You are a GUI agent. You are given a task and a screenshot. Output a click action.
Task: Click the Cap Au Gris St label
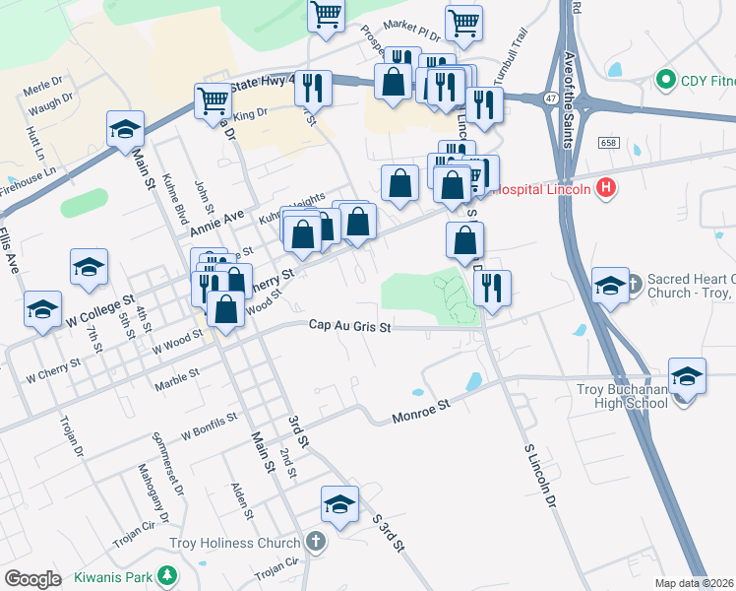tap(350, 326)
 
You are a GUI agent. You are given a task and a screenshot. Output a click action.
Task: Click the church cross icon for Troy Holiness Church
tap(315, 541)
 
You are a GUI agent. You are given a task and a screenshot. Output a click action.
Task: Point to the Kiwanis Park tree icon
tap(168, 574)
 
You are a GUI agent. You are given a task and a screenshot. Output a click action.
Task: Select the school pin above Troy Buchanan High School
tap(687, 377)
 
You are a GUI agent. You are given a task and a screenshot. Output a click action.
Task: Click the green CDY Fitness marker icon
tap(664, 78)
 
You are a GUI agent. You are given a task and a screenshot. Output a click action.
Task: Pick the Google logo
tap(32, 578)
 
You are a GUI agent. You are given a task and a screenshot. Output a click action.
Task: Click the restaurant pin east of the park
tap(492, 288)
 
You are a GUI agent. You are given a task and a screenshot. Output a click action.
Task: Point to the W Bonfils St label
tap(209, 425)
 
